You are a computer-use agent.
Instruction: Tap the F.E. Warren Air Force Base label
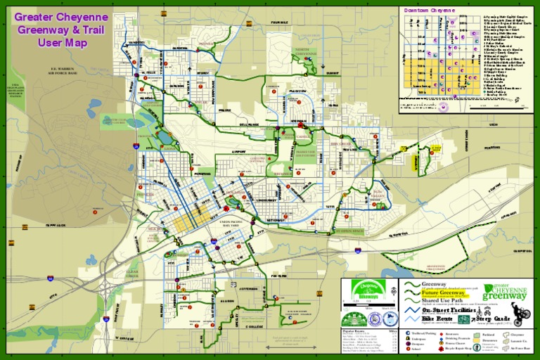click(x=52, y=70)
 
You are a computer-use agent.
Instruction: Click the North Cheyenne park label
click(x=304, y=52)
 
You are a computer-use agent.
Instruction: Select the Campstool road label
click(x=522, y=250)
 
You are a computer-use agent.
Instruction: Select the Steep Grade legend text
click(x=496, y=319)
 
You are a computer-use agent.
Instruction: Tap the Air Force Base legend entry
click(x=521, y=349)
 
